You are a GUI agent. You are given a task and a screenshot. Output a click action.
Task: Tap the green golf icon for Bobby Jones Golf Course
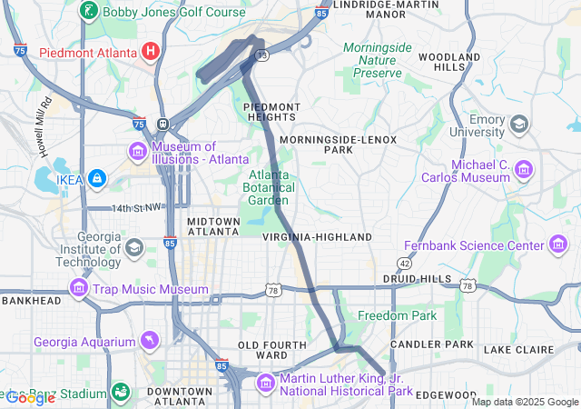pos(89,12)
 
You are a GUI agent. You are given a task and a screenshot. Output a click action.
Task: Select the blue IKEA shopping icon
pos(97,179)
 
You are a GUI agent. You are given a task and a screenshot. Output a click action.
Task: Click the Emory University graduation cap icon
pos(520,124)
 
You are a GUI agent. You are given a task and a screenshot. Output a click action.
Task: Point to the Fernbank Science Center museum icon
pos(559,244)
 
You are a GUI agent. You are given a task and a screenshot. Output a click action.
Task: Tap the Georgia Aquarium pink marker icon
pos(149,342)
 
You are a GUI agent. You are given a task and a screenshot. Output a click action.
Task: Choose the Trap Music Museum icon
pos(79,289)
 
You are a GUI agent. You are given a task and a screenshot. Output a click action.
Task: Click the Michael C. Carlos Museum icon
pos(523,169)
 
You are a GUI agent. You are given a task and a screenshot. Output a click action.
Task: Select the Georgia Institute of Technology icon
pos(134,247)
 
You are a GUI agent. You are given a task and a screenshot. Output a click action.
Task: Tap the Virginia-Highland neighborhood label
pos(317,237)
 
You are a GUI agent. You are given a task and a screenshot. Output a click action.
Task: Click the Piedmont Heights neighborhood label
pos(271,112)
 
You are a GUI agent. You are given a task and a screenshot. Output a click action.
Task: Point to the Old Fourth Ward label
pos(262,351)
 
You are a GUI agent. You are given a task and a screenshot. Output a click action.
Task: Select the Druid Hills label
pos(417,278)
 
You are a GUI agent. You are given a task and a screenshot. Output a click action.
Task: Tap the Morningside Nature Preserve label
pos(378,60)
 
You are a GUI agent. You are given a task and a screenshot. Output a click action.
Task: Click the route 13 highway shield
pos(261,56)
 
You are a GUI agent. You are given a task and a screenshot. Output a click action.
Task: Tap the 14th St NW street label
pos(134,208)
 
